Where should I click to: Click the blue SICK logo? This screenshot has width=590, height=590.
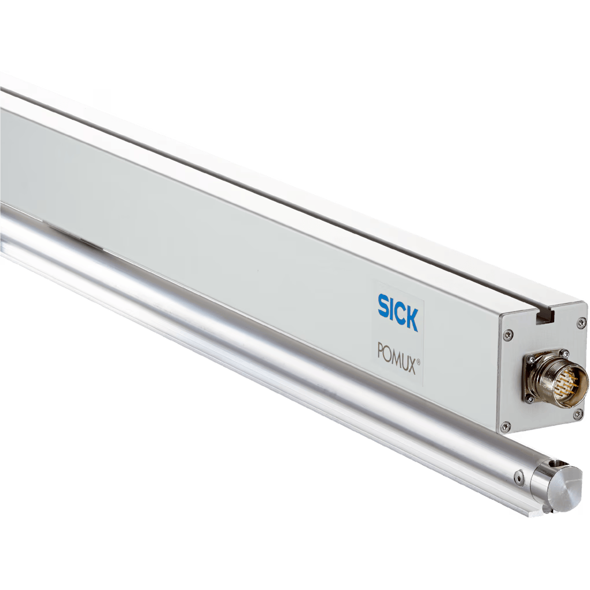pyautogui.click(x=398, y=313)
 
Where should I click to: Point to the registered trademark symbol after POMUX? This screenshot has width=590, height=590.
pyautogui.click(x=418, y=362)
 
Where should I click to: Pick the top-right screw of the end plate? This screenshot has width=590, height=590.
pyautogui.click(x=581, y=323)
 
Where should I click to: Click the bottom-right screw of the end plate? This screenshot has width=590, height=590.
pyautogui.click(x=578, y=414)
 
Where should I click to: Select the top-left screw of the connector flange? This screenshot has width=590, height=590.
pyautogui.click(x=530, y=360)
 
